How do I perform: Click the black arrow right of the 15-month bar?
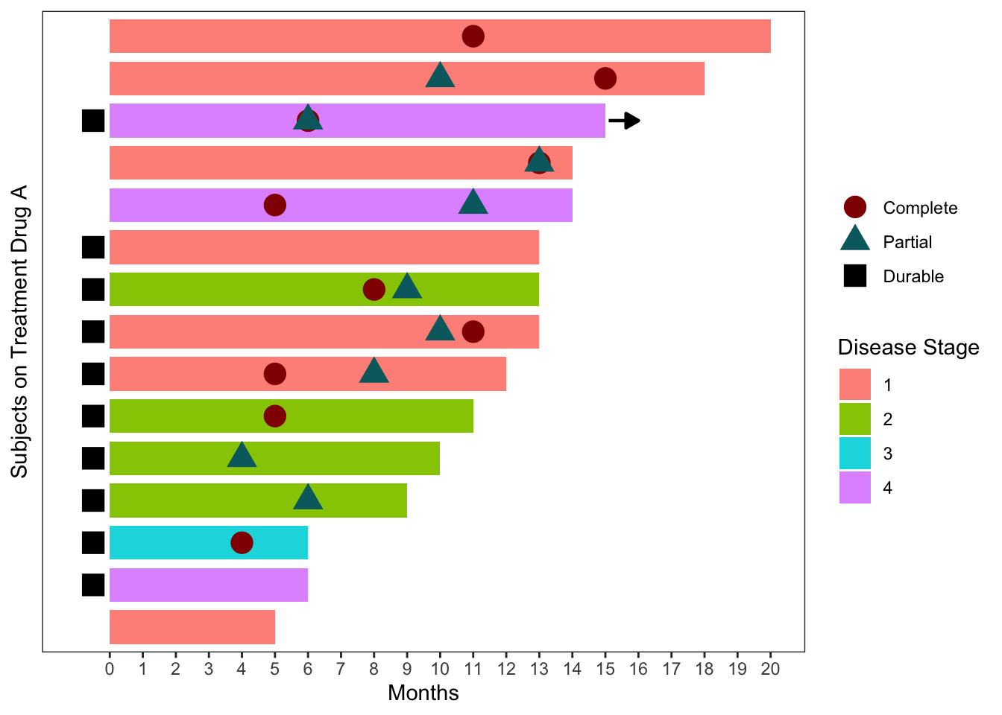coord(625,121)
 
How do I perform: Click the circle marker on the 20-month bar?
coord(473,36)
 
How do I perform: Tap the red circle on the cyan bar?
coord(242,543)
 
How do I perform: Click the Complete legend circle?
coord(854,208)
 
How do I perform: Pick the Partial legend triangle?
coord(854,241)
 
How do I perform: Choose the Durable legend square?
coord(854,276)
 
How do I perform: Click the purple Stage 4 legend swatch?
coord(854,488)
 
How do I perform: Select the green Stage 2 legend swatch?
coord(854,419)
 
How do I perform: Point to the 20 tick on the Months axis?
coord(770,669)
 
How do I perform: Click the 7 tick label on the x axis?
coord(341,669)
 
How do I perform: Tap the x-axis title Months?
coord(423,693)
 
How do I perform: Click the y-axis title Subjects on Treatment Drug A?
coord(19,331)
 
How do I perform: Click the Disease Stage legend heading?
coord(908,348)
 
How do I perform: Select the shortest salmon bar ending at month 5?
coord(192,627)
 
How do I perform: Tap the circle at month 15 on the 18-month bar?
coord(605,78)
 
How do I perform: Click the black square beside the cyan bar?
coord(93,542)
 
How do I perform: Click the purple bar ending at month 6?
coord(208,585)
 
